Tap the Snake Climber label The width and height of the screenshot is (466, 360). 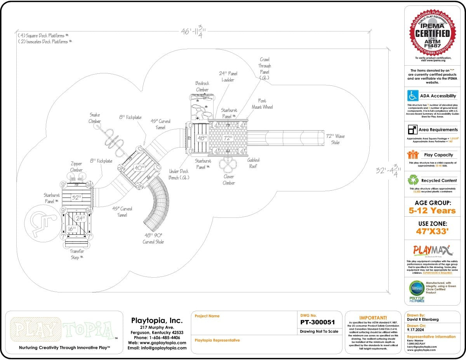click(95, 118)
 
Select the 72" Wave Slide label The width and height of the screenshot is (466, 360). click(335, 139)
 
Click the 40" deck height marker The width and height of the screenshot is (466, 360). click(139, 168)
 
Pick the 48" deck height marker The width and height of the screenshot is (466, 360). click(202, 138)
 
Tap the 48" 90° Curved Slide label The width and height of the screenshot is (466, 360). click(153, 238)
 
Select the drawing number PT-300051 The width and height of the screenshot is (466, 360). click(317, 322)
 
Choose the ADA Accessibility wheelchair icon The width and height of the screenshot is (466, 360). click(412, 96)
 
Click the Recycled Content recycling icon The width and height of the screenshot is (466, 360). click(412, 180)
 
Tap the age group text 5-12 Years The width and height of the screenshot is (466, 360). click(432, 211)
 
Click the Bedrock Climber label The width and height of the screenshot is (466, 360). click(202, 87)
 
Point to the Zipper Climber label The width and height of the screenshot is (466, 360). click(76, 167)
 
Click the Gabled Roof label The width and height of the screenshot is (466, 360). click(253, 163)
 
